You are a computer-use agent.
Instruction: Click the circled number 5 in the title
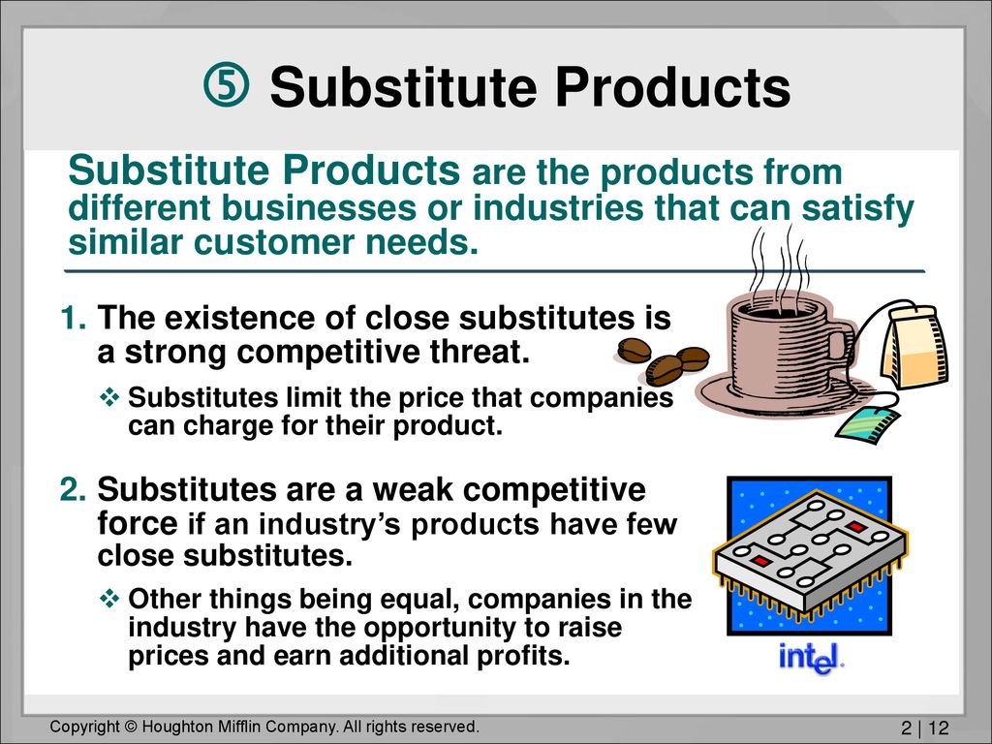[x=226, y=85]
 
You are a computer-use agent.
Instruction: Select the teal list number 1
[x=74, y=318]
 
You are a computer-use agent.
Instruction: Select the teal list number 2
[x=74, y=489]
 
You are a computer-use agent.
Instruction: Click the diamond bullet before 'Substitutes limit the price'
[x=109, y=398]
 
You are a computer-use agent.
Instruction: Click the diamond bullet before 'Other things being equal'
[x=109, y=599]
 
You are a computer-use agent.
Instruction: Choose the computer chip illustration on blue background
[x=809, y=556]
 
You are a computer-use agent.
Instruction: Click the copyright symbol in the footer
[x=131, y=727]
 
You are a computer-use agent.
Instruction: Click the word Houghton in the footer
[x=174, y=727]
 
